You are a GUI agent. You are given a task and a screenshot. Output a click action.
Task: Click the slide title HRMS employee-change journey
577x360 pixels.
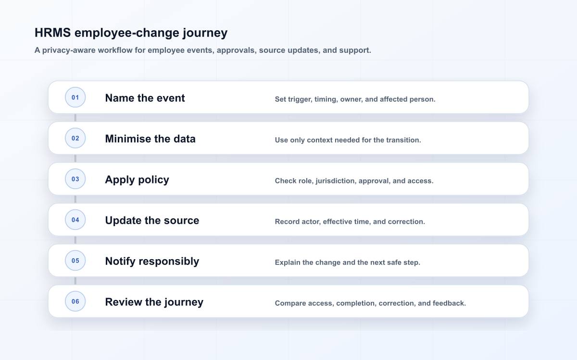(131, 33)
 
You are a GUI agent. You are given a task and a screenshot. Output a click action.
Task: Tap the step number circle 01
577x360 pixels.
(75, 97)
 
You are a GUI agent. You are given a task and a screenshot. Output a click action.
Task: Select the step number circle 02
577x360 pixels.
(75, 138)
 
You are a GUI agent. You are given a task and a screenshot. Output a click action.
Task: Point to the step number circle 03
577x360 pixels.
(75, 179)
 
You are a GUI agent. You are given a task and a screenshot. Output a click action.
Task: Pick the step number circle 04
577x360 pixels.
(75, 220)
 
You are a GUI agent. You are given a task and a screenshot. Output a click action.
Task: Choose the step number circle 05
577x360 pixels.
(75, 261)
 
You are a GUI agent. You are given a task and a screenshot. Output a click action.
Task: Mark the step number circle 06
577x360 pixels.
(75, 301)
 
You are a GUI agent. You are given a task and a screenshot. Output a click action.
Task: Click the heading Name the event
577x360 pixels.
(145, 98)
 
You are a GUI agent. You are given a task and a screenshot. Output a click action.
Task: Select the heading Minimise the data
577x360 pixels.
(150, 139)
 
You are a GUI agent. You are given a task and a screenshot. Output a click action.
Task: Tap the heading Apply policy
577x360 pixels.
(137, 180)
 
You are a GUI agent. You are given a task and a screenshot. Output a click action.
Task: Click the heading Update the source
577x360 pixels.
(152, 220)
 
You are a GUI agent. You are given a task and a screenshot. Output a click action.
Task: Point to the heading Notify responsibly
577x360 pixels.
(152, 262)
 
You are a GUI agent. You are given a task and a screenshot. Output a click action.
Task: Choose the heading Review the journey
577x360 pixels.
(154, 302)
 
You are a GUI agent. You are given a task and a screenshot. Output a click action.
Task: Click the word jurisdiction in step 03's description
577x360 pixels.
(336, 181)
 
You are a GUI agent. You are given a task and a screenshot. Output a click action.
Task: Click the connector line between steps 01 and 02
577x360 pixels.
(75, 118)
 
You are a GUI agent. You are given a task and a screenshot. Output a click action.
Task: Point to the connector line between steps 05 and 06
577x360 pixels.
(75, 281)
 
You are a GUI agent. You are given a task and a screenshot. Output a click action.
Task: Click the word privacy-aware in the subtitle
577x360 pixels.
(69, 50)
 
